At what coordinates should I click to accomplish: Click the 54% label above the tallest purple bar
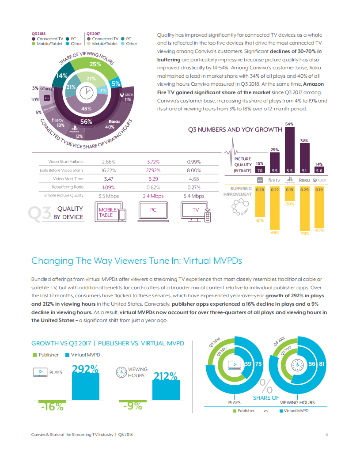290,124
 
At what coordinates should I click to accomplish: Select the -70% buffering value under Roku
304,233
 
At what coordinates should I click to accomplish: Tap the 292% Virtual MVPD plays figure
85,368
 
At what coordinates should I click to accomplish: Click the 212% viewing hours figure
166,376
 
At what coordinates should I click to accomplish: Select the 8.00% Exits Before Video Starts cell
193,170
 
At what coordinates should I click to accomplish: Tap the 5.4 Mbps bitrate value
193,196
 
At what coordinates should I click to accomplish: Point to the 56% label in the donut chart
86,122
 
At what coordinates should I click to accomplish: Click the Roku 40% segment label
108,124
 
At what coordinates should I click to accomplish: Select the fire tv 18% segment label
58,122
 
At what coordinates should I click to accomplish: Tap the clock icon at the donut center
87,92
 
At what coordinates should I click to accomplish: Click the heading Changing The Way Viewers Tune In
136,261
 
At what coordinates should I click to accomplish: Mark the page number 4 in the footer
326,435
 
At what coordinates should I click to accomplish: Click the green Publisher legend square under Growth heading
34,355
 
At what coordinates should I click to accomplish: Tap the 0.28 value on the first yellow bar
260,189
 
